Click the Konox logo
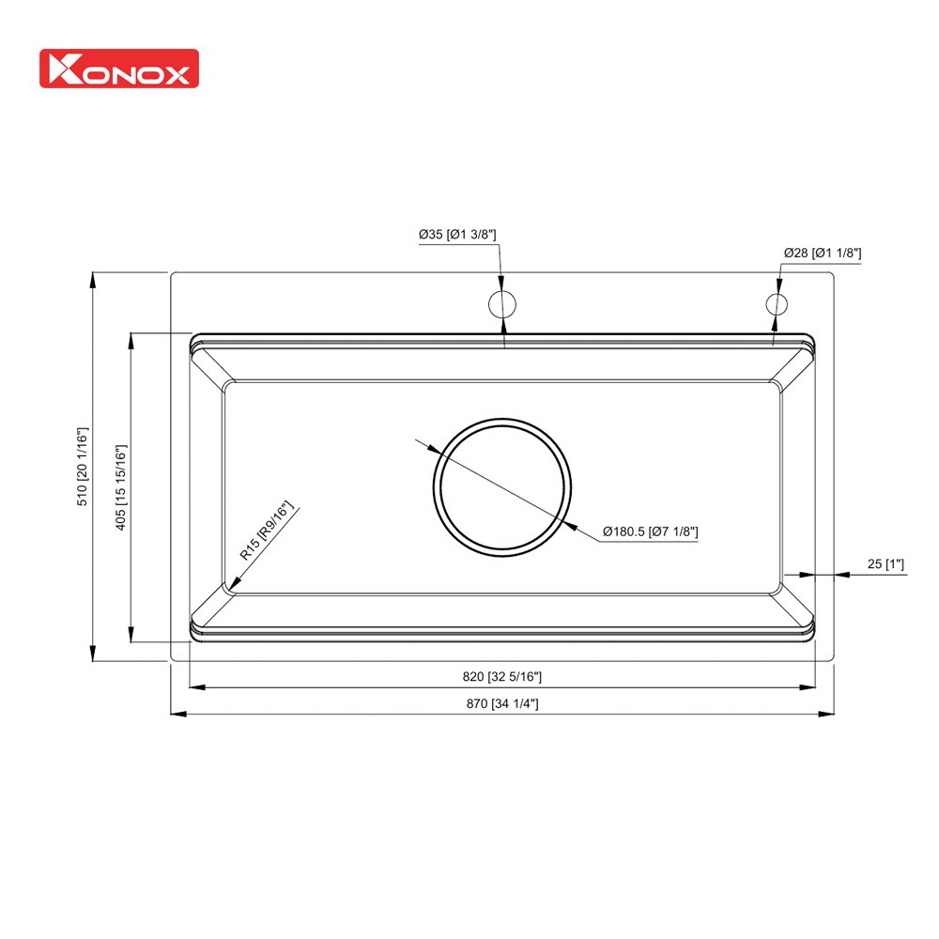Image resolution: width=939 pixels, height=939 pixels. [x=118, y=69]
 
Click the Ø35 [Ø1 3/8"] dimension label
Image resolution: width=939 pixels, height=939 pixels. [x=457, y=234]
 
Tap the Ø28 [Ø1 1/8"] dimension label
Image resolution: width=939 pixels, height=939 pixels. [x=823, y=253]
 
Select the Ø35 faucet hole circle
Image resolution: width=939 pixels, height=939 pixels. [x=501, y=303]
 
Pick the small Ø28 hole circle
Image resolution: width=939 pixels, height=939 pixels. [x=777, y=303]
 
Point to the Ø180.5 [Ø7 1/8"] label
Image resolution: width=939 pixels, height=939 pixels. [x=651, y=532]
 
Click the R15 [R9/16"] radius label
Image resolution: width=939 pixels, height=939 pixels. [x=267, y=531]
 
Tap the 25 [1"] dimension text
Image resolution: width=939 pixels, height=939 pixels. [x=885, y=563]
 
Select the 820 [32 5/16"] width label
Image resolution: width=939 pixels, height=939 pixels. [x=501, y=676]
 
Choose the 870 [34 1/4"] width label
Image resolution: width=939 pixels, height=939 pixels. [x=501, y=703]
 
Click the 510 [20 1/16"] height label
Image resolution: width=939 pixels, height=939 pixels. [x=82, y=468]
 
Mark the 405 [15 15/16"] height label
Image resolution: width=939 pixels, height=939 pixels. [x=120, y=486]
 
